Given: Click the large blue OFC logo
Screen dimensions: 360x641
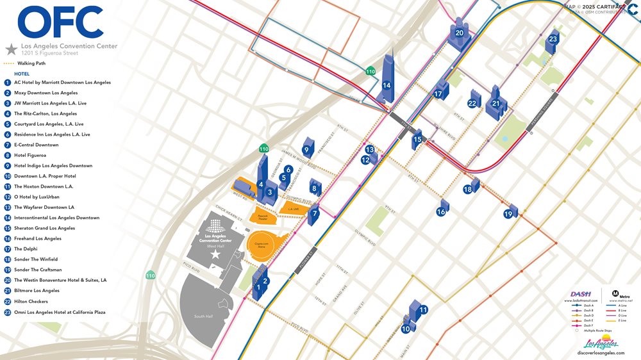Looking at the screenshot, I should tap(61, 22).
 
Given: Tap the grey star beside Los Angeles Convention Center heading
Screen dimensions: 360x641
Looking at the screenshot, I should tap(11, 49).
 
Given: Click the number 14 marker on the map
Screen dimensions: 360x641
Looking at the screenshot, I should tap(387, 85).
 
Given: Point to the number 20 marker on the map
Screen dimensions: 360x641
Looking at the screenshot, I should tap(459, 33).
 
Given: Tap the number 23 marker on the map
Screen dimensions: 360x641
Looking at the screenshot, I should tap(553, 40).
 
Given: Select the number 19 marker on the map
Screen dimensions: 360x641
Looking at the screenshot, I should tap(508, 215).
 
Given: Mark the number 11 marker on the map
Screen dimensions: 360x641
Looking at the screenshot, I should tap(423, 310).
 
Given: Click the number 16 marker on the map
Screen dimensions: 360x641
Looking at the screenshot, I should tap(441, 212).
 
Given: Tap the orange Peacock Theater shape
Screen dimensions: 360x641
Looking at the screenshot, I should tap(263, 217).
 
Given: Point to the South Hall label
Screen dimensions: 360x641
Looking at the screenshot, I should tap(204, 316).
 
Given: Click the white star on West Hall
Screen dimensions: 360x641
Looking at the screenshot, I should tap(216, 254).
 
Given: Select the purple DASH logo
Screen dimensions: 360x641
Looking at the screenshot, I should tap(581, 294).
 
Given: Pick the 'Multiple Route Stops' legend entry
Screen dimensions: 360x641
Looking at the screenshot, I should tap(599, 331).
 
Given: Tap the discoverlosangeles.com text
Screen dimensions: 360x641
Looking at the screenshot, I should tap(600, 353).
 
